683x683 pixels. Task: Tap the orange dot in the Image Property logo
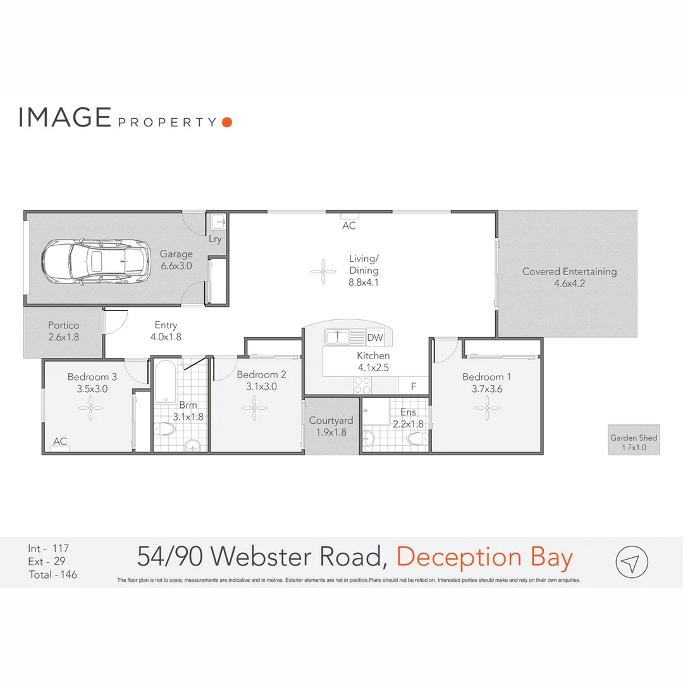click(227, 122)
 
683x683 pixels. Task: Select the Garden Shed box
click(633, 440)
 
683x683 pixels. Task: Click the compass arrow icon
click(632, 561)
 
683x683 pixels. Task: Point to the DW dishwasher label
click(375, 338)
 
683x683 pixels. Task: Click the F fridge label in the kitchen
click(414, 385)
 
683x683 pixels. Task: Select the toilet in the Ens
click(416, 439)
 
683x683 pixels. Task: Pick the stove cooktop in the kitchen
click(362, 385)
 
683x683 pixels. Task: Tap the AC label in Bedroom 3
click(60, 441)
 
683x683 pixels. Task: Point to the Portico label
click(63, 331)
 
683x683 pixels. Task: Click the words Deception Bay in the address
click(484, 557)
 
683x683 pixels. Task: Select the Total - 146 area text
click(52, 575)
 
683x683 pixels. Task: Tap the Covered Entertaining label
click(569, 277)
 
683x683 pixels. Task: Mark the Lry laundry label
click(216, 239)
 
